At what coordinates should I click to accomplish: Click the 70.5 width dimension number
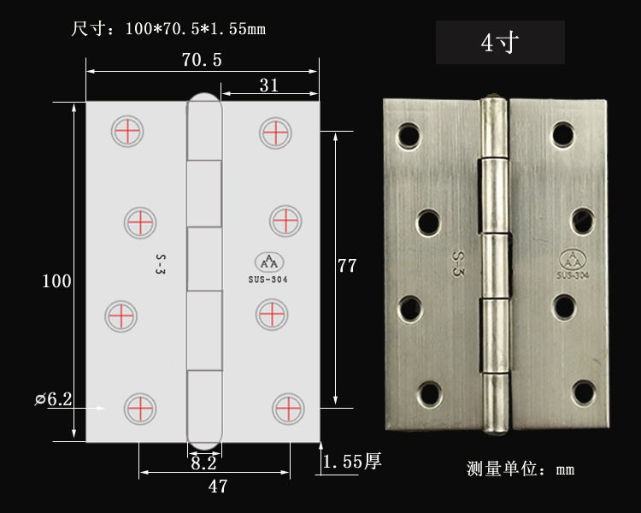202,60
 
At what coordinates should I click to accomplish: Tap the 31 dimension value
269,85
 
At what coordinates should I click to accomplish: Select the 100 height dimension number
56,281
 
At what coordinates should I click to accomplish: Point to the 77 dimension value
347,266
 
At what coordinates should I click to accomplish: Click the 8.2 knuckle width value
203,463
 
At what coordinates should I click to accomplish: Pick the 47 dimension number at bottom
217,486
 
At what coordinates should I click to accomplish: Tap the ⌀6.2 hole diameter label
54,399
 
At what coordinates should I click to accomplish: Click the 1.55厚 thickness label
352,462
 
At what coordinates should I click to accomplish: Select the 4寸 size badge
500,42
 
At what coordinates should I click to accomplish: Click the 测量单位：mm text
520,469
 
